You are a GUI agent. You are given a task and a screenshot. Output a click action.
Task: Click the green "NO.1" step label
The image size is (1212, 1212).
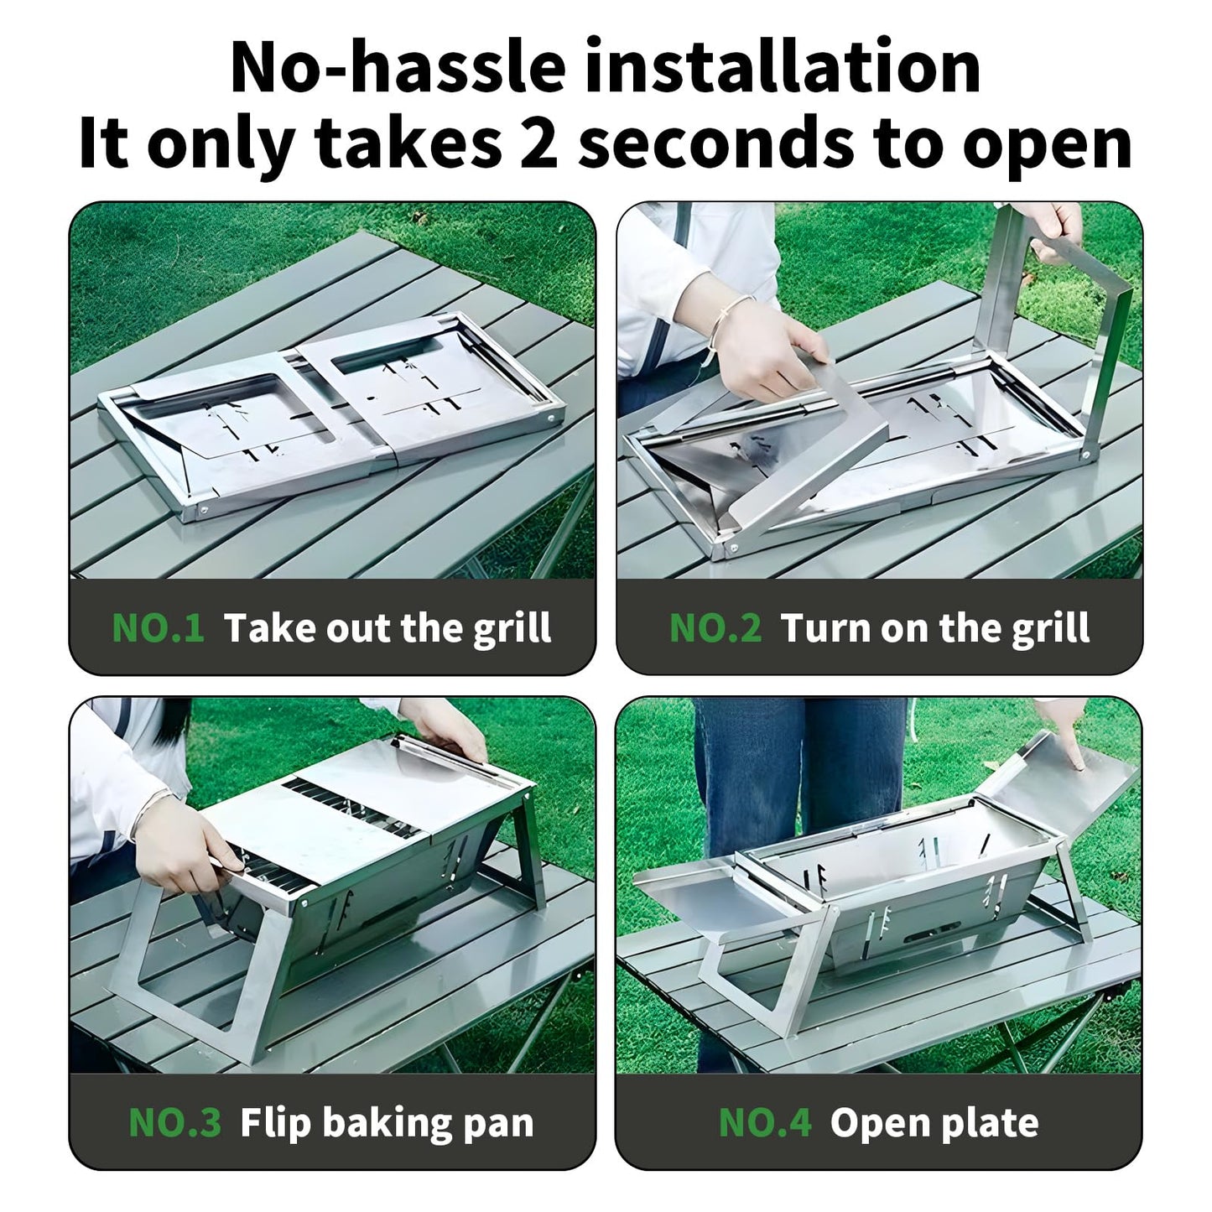pos(158,627)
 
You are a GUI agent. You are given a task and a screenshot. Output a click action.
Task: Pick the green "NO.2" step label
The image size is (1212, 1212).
pos(715,627)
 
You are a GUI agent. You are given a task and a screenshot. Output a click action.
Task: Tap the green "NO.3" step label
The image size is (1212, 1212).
pos(174,1122)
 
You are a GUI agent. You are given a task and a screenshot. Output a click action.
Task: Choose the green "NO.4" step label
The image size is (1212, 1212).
pos(765,1122)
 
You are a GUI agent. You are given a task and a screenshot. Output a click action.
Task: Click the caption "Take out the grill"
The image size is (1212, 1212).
pos(388,627)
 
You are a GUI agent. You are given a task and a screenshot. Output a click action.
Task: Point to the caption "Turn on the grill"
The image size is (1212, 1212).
pos(934,627)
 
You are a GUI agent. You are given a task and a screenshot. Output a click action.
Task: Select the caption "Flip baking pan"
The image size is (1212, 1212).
pos(387,1122)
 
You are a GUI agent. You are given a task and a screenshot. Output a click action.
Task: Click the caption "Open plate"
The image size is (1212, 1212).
pos(934,1122)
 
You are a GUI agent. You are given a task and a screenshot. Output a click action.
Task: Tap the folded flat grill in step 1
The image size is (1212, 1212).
pos(336,411)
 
